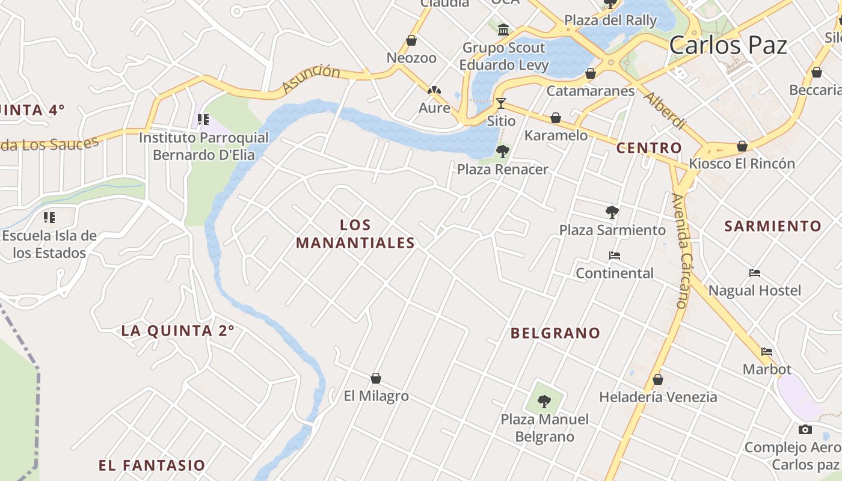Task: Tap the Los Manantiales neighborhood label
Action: tap(355, 234)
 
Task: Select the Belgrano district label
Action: tap(555, 333)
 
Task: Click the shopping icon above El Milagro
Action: tap(376, 378)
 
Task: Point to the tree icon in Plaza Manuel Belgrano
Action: tap(544, 401)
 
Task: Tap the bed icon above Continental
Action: tap(614, 256)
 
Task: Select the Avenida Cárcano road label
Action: tap(680, 251)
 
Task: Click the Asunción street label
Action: tap(310, 79)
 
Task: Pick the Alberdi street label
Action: tap(665, 111)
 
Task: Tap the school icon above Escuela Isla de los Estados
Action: tap(49, 217)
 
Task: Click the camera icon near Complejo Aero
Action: tap(805, 429)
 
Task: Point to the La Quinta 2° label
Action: tap(177, 331)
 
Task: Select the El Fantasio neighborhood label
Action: tap(152, 465)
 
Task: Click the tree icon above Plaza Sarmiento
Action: tap(612, 212)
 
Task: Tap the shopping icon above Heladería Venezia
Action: tap(658, 379)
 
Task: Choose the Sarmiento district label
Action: tap(772, 227)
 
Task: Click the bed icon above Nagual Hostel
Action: tap(755, 273)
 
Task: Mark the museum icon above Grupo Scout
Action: tap(503, 29)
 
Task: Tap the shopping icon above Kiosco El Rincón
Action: tap(742, 146)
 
